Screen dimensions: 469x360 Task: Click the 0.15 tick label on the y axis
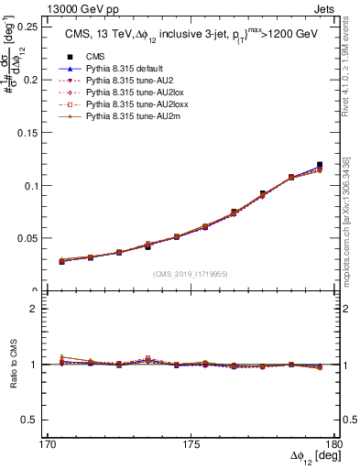coord(28,132)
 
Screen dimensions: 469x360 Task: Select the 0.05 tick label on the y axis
coord(28,238)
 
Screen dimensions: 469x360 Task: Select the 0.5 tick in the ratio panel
coord(32,420)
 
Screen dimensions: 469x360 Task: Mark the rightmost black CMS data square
coord(320,166)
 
